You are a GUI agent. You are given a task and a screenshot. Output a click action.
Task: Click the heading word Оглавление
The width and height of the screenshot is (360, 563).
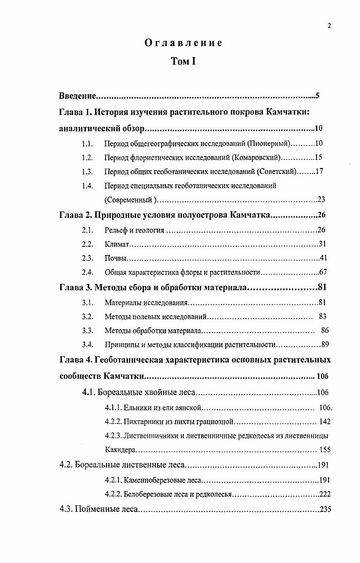tap(183, 43)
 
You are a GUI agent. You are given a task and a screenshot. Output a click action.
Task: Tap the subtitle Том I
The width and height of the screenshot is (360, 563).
tap(183, 62)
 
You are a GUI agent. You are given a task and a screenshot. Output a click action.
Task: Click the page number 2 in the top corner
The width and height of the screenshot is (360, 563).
tap(330, 26)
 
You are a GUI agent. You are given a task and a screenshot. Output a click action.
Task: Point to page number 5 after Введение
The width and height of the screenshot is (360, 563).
tap(318, 96)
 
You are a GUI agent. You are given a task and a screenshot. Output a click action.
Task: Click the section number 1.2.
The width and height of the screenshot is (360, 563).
tap(87, 158)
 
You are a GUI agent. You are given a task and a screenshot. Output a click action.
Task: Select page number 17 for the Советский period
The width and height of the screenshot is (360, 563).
tap(321, 172)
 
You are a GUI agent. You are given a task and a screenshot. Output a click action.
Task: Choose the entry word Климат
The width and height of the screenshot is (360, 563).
tap(117, 244)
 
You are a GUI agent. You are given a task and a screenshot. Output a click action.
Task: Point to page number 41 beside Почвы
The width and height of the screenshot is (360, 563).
tap(322, 258)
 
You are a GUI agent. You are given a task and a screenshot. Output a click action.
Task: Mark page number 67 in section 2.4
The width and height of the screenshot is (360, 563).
tap(322, 272)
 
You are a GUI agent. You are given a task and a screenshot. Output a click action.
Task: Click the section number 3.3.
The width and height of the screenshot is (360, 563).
tap(87, 331)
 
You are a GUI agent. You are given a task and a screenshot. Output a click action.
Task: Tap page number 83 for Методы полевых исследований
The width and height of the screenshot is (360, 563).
tap(322, 317)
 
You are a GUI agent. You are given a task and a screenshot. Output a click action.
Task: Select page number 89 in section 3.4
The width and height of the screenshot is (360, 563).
tap(324, 345)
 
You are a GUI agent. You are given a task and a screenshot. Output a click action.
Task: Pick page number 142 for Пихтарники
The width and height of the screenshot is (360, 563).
tap(325, 422)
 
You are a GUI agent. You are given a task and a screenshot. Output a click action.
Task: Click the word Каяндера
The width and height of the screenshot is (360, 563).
tap(120, 450)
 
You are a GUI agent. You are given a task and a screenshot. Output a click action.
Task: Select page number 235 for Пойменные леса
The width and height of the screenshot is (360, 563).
tap(326, 509)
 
